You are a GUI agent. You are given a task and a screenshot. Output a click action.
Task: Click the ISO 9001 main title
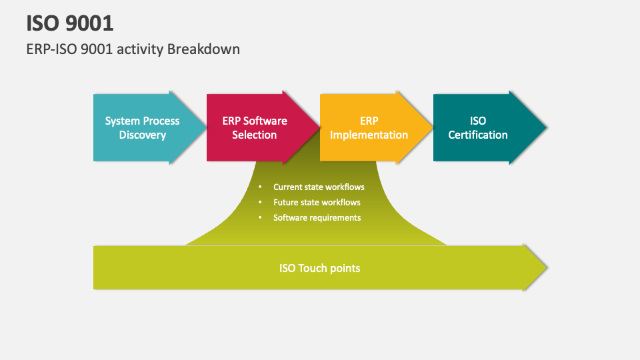point(70,23)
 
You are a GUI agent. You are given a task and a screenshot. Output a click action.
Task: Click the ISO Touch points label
point(319,268)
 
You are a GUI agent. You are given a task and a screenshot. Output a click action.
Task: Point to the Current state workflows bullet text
point(319,187)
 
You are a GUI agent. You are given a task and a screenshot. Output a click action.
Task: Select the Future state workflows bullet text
point(317,202)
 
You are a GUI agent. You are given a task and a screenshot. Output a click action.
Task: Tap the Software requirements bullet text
point(317,217)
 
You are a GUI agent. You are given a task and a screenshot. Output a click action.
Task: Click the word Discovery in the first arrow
point(142,135)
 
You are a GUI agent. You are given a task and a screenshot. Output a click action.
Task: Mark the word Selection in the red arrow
point(254,135)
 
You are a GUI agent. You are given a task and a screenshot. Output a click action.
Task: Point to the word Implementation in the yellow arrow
point(369,135)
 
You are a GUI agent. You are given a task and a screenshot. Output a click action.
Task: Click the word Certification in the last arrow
point(477,135)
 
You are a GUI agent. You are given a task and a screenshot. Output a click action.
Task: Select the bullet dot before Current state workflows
point(260,187)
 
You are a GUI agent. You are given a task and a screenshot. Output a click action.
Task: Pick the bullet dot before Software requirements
point(260,218)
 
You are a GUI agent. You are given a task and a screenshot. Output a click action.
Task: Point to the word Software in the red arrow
point(265,121)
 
